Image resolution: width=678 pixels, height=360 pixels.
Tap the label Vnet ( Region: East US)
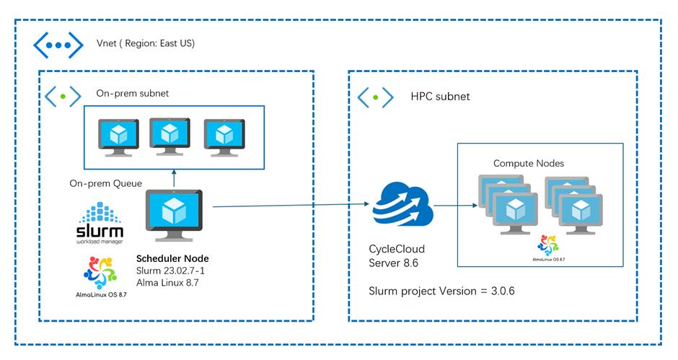146,43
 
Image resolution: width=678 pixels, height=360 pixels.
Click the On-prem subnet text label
132,94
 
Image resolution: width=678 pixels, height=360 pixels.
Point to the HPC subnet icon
376,96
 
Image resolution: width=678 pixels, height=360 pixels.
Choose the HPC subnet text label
440,96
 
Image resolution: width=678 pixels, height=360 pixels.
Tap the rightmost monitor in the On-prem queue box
224,136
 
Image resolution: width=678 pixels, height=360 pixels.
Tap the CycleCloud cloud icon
401,206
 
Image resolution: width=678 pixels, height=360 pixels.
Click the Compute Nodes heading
528,164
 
